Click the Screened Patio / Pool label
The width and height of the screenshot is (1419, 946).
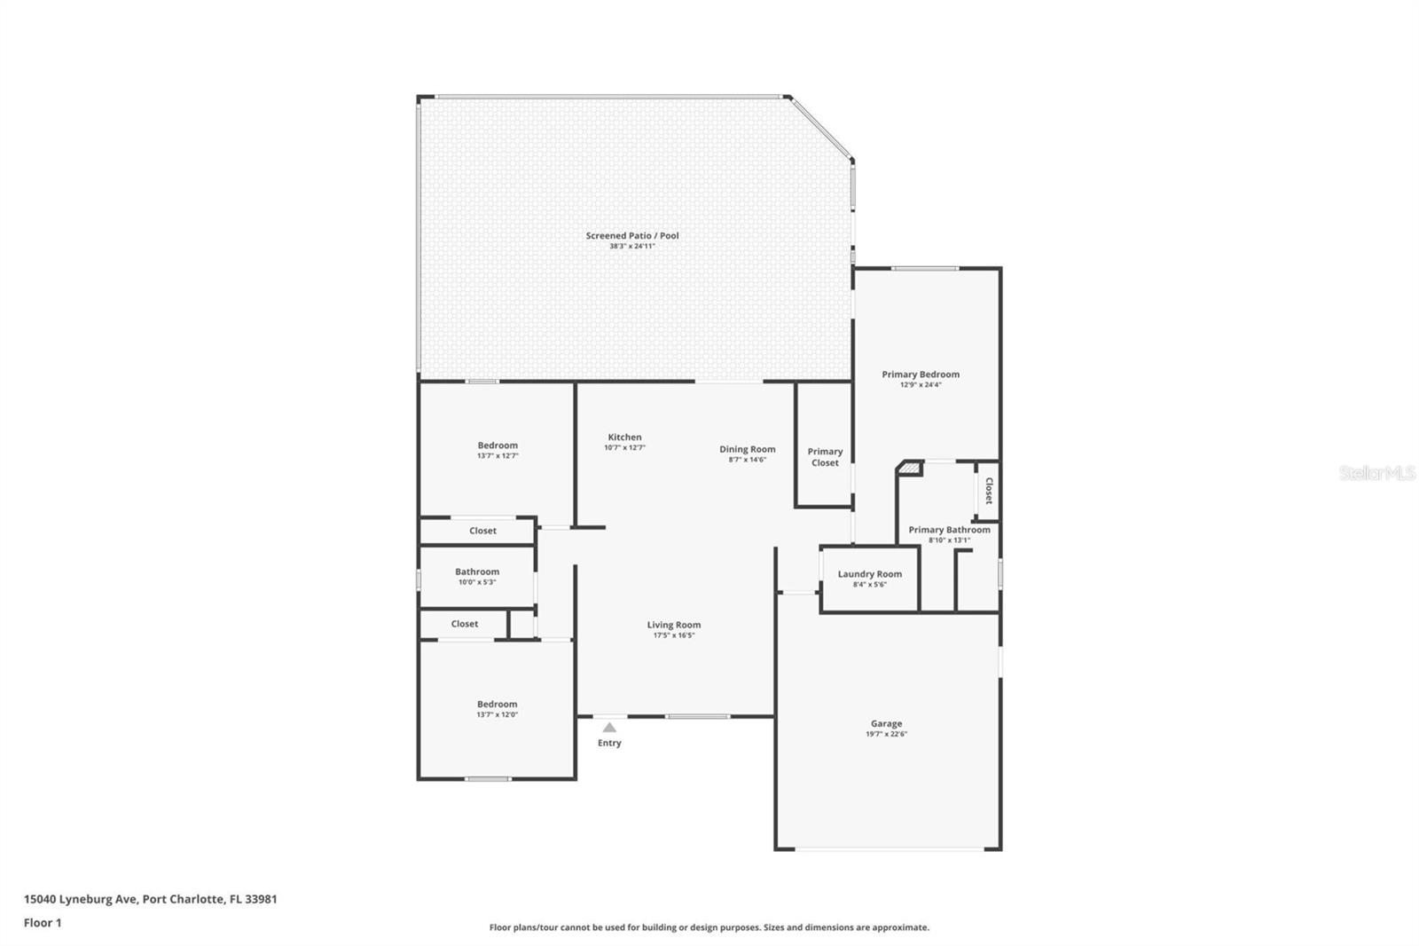tap(631, 236)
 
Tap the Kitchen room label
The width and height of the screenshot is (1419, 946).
tap(624, 437)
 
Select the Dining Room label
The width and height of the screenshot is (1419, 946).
tap(747, 450)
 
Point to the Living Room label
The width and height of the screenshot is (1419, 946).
tap(674, 625)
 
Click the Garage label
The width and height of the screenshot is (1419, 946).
tap(886, 723)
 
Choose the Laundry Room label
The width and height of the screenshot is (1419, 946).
tap(870, 574)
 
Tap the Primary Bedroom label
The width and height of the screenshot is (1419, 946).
tap(921, 374)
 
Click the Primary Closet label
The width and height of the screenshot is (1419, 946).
tap(825, 457)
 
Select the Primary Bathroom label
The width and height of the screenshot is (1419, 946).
tap(949, 530)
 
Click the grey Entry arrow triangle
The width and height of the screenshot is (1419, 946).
tap(608, 728)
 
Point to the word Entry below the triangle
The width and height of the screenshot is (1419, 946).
tap(609, 743)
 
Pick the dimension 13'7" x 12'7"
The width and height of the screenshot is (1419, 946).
tap(498, 456)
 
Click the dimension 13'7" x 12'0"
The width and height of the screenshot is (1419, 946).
tap(498, 714)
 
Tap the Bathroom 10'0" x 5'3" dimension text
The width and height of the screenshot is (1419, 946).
tap(477, 582)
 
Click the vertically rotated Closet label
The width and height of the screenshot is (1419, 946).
tap(989, 491)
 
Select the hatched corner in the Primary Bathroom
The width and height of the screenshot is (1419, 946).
tap(910, 469)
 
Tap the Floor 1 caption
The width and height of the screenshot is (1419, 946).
tap(43, 923)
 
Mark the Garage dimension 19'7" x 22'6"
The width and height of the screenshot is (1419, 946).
tap(886, 734)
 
